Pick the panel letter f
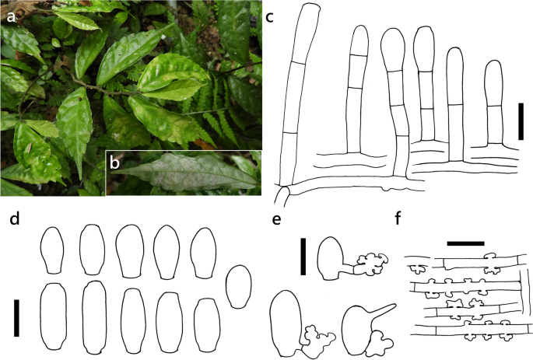click(402, 218)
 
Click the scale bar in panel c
click(521, 121)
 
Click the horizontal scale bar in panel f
click(466, 243)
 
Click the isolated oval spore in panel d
click(238, 286)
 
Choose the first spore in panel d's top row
click(54, 250)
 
